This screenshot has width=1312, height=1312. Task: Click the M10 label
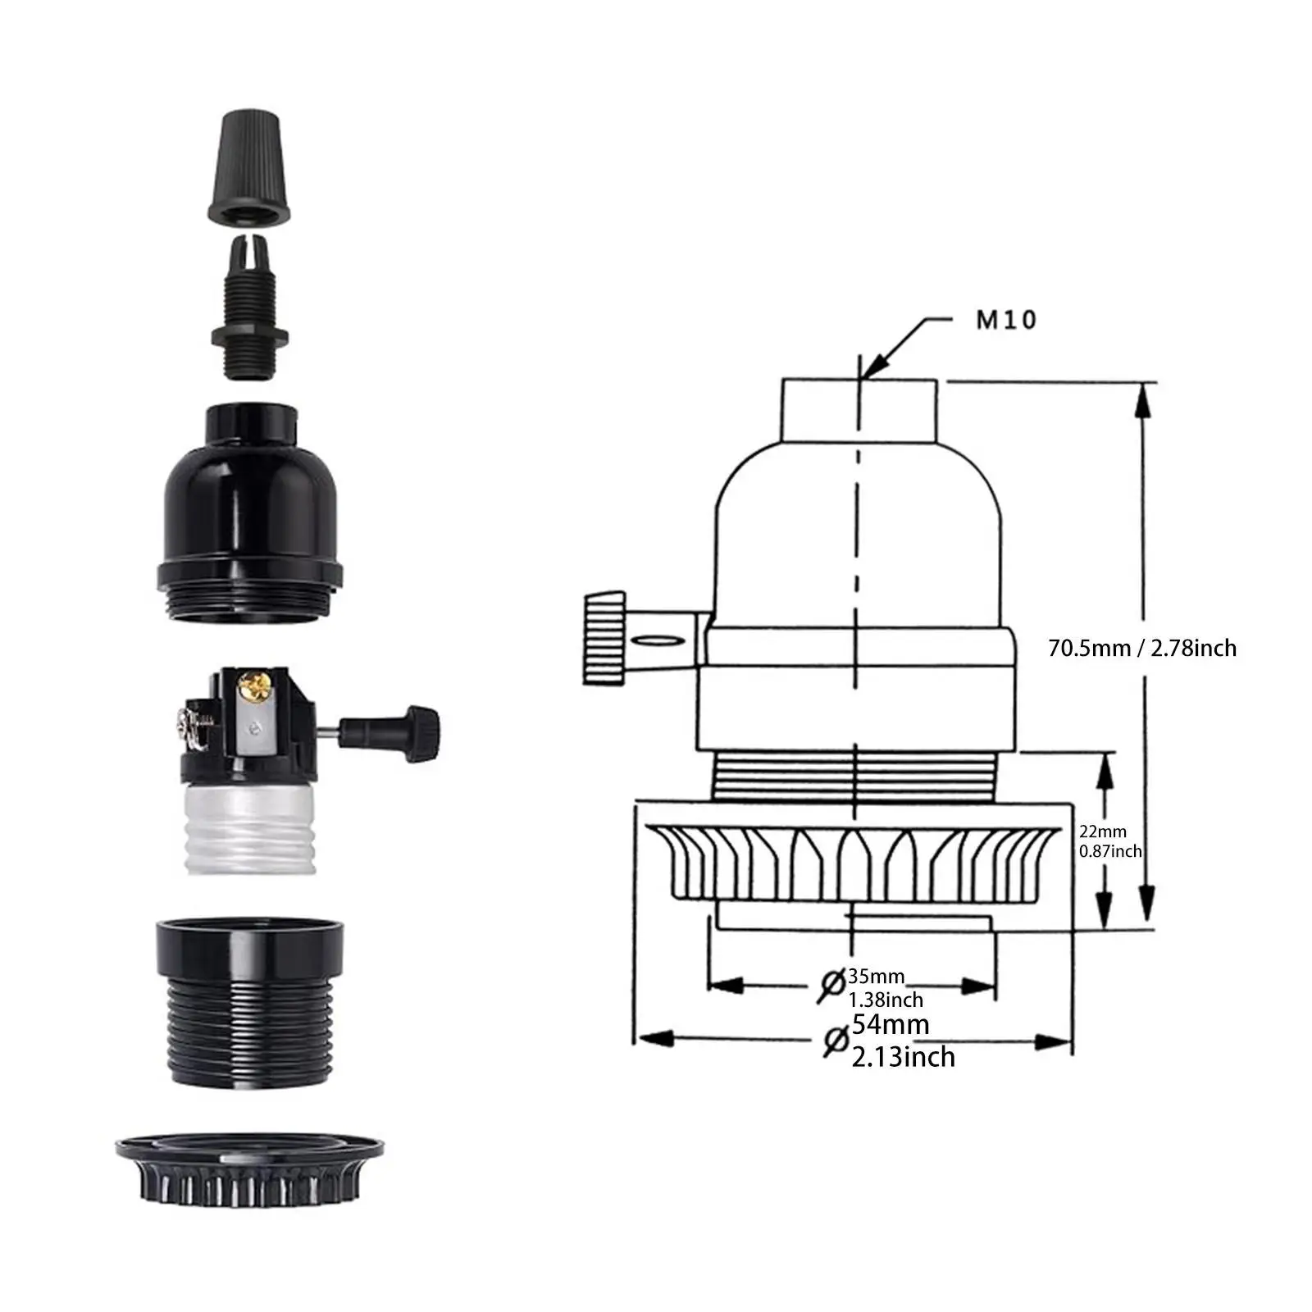[1006, 320]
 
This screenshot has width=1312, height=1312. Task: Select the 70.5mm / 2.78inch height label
[1142, 648]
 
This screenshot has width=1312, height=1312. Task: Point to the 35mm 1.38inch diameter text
[886, 987]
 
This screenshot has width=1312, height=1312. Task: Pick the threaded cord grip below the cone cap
[248, 307]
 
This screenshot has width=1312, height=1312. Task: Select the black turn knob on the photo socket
[389, 725]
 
